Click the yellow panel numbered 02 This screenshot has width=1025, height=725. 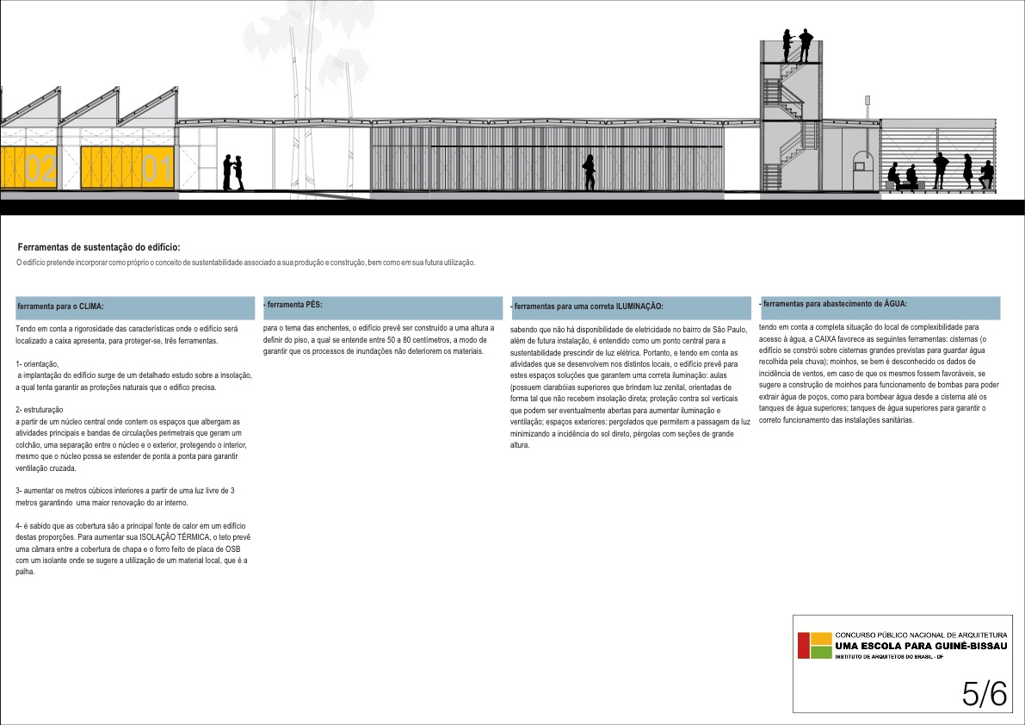(29, 167)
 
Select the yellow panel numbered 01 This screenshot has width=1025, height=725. (129, 167)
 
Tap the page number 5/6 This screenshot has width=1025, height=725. (985, 693)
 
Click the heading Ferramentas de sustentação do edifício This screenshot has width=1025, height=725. (99, 248)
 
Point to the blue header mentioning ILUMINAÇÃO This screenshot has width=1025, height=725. (630, 307)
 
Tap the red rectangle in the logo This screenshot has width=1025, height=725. (804, 646)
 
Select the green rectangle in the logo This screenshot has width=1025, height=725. (822, 652)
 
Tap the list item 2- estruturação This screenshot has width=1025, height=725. (40, 410)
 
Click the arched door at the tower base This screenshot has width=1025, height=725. (861, 168)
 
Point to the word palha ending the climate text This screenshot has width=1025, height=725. (25, 573)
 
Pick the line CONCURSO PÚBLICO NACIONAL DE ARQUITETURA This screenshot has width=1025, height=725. (915, 635)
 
